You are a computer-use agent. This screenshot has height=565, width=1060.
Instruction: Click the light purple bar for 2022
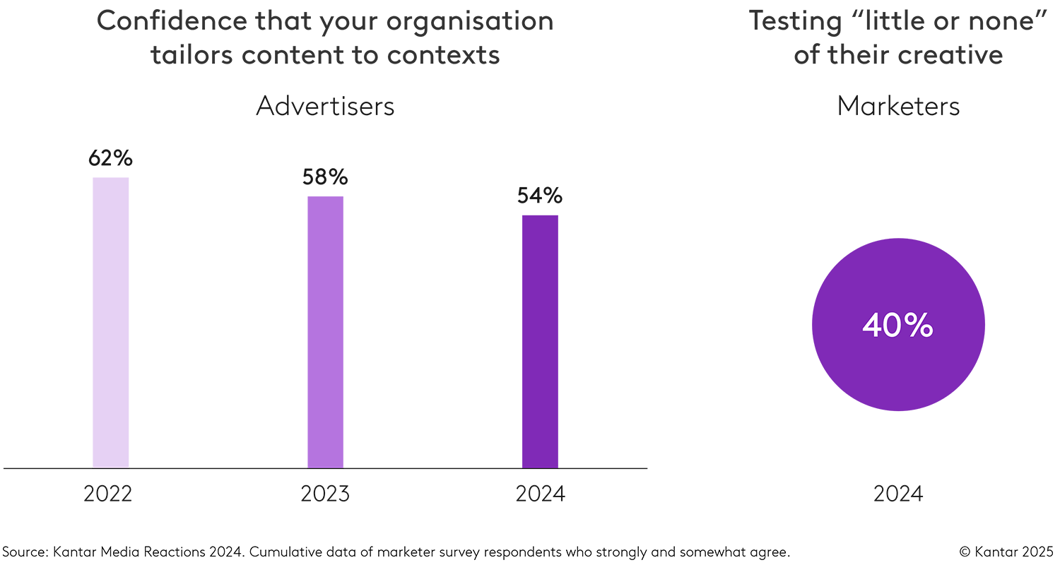tap(110, 322)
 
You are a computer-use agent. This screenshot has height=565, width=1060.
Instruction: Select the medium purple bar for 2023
tap(325, 332)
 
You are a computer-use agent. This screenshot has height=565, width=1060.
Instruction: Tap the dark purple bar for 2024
tap(540, 341)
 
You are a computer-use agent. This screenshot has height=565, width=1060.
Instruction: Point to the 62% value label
tap(110, 158)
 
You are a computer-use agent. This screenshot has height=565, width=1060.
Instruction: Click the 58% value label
tap(325, 177)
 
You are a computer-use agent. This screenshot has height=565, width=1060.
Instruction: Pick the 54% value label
tap(540, 196)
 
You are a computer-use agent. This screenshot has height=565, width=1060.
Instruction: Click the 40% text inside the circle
tap(898, 326)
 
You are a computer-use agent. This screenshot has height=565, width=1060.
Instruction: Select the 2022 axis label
tap(108, 494)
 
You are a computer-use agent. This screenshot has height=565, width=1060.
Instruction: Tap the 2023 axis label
tap(325, 494)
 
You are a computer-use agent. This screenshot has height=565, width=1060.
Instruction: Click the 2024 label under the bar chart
tap(541, 494)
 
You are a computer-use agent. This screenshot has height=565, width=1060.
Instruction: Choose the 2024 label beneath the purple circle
tap(898, 494)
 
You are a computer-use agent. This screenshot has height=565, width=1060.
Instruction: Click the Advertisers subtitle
tap(325, 106)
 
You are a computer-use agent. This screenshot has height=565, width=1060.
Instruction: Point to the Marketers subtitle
tap(898, 106)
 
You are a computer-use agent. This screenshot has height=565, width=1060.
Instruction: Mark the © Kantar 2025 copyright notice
tap(1006, 551)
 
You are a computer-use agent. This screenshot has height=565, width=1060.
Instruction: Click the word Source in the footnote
tap(23, 551)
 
